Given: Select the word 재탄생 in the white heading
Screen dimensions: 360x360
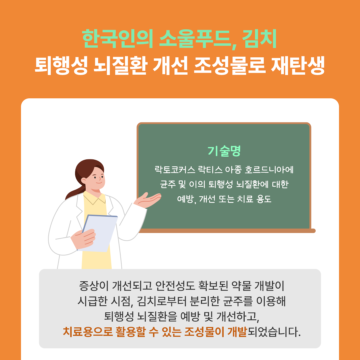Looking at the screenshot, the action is pyautogui.click(x=298, y=66).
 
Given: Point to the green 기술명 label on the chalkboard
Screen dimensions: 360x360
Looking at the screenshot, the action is pyautogui.click(x=224, y=151).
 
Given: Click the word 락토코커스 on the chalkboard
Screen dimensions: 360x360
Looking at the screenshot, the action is pyautogui.click(x=175, y=170).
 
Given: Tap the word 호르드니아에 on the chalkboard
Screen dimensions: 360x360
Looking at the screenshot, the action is pyautogui.click(x=269, y=170).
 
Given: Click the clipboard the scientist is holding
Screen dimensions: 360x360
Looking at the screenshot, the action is pyautogui.click(x=100, y=233).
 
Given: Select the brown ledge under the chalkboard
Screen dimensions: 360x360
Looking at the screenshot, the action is pyautogui.click(x=227, y=231).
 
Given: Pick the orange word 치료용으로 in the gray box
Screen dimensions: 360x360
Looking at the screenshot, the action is pyautogui.click(x=88, y=331).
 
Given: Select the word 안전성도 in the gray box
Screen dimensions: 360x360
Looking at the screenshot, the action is pyautogui.click(x=175, y=286).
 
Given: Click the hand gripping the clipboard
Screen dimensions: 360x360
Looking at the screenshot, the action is pyautogui.click(x=83, y=239).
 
